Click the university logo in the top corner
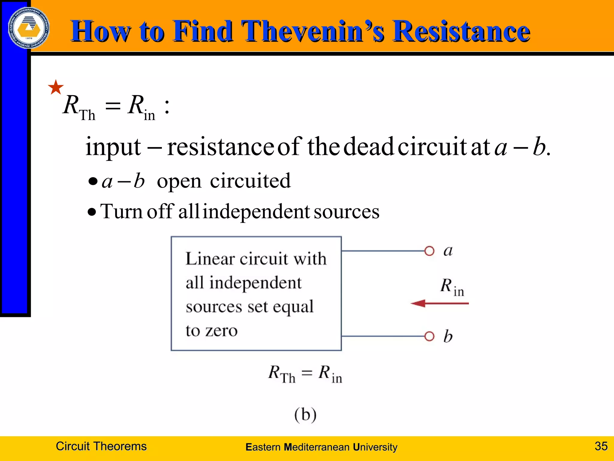tap(29, 28)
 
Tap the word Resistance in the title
tap(461, 31)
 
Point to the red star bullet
tap(56, 87)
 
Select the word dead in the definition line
tap(368, 147)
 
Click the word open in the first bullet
tap(179, 181)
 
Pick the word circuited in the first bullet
tap(250, 181)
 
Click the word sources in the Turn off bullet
tap(347, 212)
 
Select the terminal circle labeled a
tap(429, 251)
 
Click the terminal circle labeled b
tap(429, 336)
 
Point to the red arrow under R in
tap(439, 303)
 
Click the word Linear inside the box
tap(210, 259)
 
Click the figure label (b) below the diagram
tap(305, 414)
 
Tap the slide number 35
tap(601, 446)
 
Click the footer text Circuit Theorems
tap(101, 446)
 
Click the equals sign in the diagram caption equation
tap(307, 373)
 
